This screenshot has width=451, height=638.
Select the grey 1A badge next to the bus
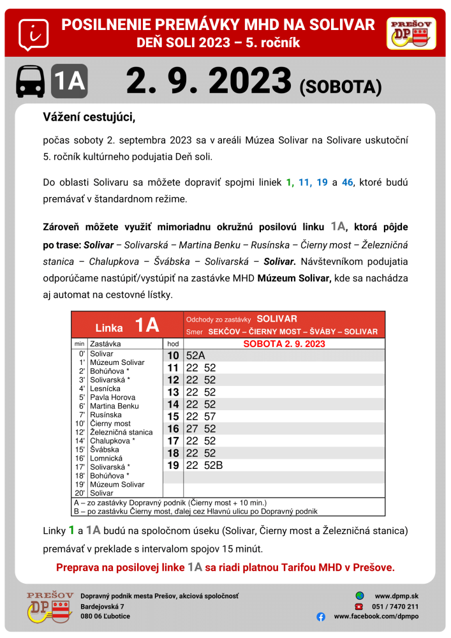69,82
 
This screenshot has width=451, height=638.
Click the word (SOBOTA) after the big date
340,87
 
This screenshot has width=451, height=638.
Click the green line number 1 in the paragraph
290,182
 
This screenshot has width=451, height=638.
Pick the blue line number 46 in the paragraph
347,182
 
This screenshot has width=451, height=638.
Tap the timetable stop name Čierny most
110,423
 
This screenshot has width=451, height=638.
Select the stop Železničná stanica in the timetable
121,432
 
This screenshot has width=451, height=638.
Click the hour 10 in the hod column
173,356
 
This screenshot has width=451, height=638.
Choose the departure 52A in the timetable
196,356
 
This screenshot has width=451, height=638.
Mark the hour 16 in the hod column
173,429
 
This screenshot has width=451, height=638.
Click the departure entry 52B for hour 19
214,465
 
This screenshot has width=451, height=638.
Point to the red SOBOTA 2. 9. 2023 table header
285,343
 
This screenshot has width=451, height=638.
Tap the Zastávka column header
105,343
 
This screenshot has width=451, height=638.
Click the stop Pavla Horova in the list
112,397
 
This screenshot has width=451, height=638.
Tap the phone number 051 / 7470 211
396,606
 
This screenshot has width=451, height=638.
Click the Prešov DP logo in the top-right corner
411,33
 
